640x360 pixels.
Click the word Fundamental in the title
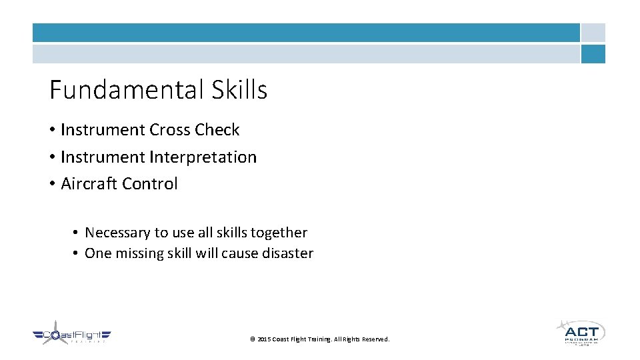click(x=125, y=89)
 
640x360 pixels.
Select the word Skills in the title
click(x=239, y=89)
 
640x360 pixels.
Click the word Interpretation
click(x=203, y=157)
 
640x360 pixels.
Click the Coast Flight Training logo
click(x=72, y=336)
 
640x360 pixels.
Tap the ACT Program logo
click(x=580, y=332)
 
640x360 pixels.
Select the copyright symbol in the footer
click(x=252, y=339)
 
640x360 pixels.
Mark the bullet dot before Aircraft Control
click(x=52, y=184)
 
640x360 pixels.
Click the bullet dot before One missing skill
click(x=77, y=253)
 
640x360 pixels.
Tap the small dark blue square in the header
click(x=593, y=54)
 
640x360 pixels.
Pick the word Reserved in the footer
click(x=375, y=339)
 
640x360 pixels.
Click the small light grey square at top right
click(x=593, y=33)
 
